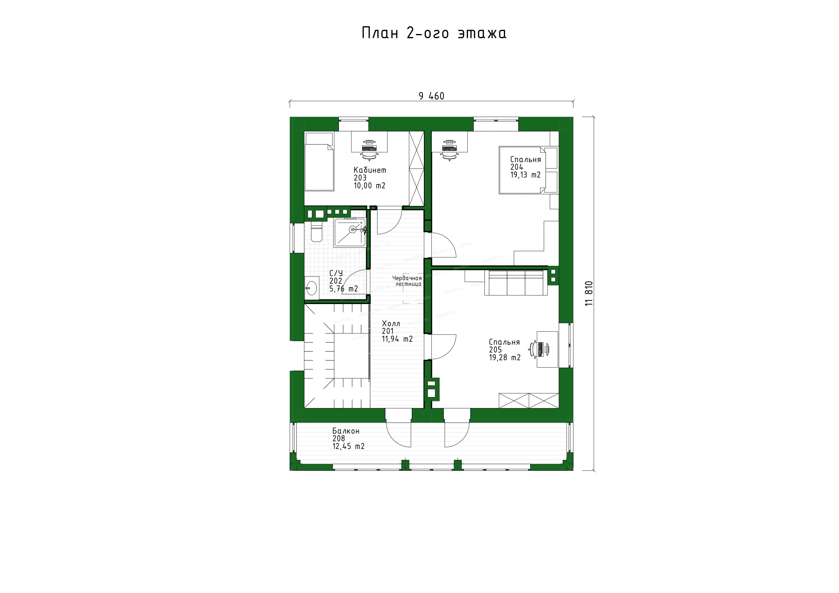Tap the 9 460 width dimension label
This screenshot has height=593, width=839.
point(432,96)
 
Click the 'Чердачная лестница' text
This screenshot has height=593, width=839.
point(407,281)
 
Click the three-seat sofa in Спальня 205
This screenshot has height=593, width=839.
point(516,283)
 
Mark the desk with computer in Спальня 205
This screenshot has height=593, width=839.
point(547,349)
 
